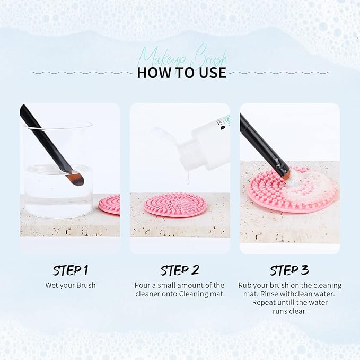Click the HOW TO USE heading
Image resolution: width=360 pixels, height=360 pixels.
[x=181, y=73]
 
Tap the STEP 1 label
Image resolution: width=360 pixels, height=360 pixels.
[x=70, y=270]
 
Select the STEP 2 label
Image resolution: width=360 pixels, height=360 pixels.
[x=180, y=270]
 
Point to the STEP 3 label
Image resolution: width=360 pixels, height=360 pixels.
[x=289, y=270]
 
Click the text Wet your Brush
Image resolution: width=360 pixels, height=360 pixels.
[x=70, y=285]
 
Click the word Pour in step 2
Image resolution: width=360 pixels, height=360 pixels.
[x=143, y=285]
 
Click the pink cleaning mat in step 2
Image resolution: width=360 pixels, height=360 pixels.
[x=175, y=205]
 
